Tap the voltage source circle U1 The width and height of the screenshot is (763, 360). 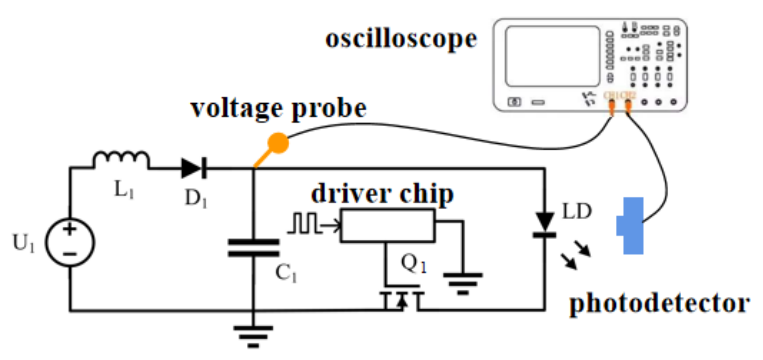click(x=70, y=242)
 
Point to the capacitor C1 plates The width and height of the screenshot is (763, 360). click(x=254, y=248)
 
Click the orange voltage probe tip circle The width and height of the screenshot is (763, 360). click(x=278, y=143)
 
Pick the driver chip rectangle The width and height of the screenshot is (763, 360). click(x=388, y=226)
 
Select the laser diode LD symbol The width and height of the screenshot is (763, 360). click(x=544, y=224)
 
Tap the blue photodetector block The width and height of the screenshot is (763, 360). click(x=631, y=226)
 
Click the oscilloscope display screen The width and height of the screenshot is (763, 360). click(x=552, y=56)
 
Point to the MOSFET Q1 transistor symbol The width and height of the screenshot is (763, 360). click(x=402, y=298)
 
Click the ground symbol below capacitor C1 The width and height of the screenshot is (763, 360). click(x=253, y=335)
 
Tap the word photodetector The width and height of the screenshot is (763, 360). click(x=659, y=304)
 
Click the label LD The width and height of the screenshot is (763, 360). click(x=577, y=212)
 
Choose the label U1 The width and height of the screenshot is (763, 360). click(x=23, y=243)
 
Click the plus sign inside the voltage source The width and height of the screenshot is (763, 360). click(x=70, y=229)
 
